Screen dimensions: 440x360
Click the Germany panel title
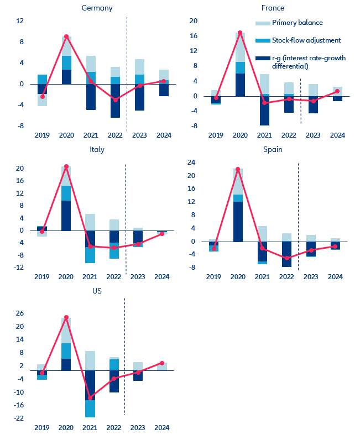click(x=97, y=8)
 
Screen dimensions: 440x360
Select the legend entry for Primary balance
click(x=297, y=23)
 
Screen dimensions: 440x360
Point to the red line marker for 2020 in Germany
click(x=66, y=36)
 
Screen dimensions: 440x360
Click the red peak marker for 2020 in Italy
click(x=66, y=166)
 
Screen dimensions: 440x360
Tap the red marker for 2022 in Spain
click(x=286, y=258)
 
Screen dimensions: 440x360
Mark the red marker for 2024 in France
click(x=337, y=91)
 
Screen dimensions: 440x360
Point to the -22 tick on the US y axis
click(x=19, y=418)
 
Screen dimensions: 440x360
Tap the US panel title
click(x=97, y=290)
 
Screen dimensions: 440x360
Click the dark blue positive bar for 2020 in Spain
click(x=238, y=222)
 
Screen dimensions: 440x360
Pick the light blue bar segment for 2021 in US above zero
click(x=90, y=360)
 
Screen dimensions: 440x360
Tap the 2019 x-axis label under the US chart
click(x=42, y=427)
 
